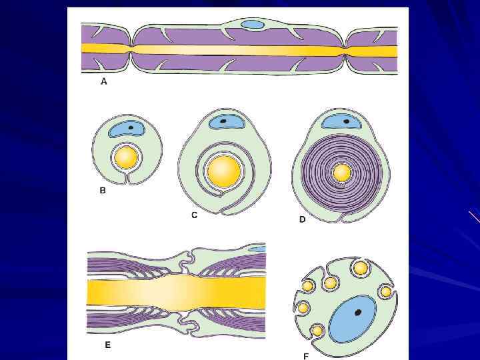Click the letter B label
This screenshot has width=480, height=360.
(103, 191)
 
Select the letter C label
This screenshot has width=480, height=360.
(195, 215)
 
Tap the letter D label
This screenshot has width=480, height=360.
(302, 219)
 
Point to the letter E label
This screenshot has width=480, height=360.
(107, 345)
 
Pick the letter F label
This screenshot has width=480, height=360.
(306, 355)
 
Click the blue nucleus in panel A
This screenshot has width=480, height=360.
(252, 25)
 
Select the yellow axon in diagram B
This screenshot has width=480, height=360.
(126, 158)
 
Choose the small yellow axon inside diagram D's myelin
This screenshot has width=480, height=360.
(342, 173)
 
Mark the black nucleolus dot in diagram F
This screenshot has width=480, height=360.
(359, 312)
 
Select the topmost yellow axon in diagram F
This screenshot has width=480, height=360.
(361, 268)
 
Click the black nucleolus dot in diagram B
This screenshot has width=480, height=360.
(131, 126)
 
